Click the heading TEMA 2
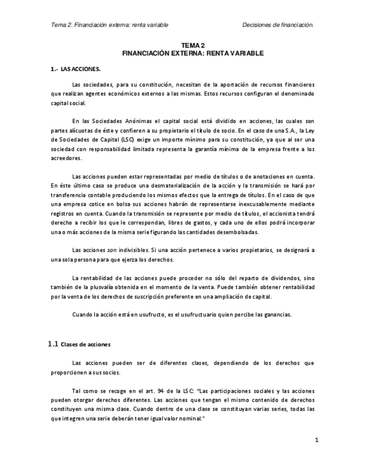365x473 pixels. coord(192,46)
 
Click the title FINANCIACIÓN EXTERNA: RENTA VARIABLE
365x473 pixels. coord(192,53)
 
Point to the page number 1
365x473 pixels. coord(317,440)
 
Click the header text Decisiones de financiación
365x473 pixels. coord(278,25)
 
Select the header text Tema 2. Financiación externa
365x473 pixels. coord(109,25)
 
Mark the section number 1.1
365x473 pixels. coord(53,344)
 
